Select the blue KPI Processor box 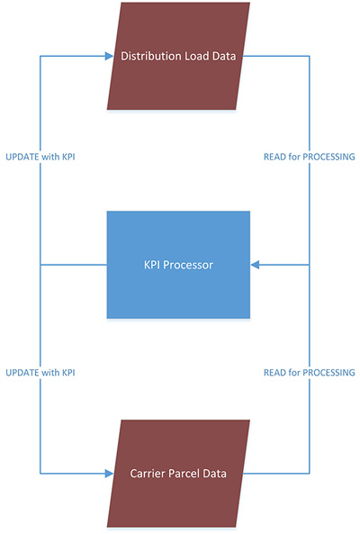pyautogui.click(x=178, y=265)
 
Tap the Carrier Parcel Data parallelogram pyautogui.click(x=178, y=473)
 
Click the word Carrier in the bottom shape pyautogui.click(x=148, y=473)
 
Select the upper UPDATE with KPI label pyautogui.click(x=40, y=158)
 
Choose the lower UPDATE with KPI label pyautogui.click(x=40, y=372)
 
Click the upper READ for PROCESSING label pyautogui.click(x=310, y=158)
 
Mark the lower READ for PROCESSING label pyautogui.click(x=310, y=372)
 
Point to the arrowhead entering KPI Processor pyautogui.click(x=256, y=265)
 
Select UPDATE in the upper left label pyautogui.click(x=21, y=158)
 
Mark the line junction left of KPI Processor pyautogui.click(x=40, y=265)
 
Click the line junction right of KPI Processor pyautogui.click(x=310, y=265)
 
